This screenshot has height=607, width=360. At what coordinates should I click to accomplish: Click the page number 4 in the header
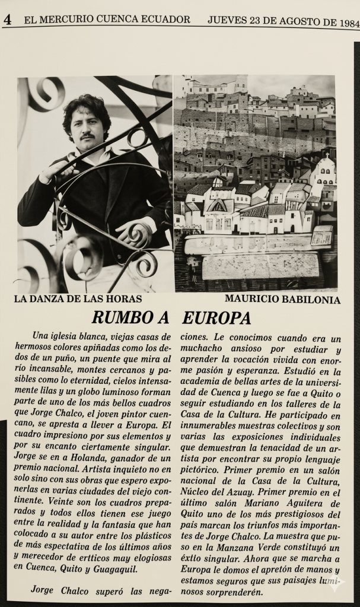pos(8,20)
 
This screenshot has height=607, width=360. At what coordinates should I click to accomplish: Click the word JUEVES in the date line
pos(227,20)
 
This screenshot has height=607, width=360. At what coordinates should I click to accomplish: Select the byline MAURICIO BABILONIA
pos(282,300)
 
